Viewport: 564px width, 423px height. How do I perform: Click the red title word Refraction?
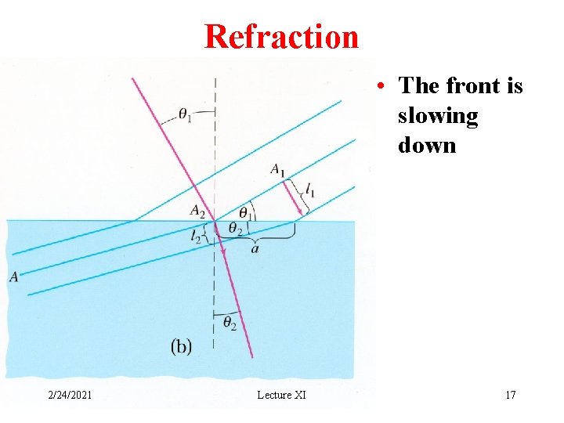point(281,35)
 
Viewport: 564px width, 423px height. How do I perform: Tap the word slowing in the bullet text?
point(437,116)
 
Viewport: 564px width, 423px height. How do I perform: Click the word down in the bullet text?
point(426,146)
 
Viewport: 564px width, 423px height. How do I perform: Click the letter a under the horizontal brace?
point(255,248)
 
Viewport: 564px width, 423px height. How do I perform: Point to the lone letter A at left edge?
point(14,276)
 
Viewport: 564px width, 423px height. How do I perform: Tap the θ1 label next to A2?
point(245,211)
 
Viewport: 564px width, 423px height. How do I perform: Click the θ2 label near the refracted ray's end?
point(228,324)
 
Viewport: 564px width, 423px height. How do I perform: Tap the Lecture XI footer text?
point(281,395)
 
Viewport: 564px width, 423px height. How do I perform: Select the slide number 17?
point(510,395)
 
